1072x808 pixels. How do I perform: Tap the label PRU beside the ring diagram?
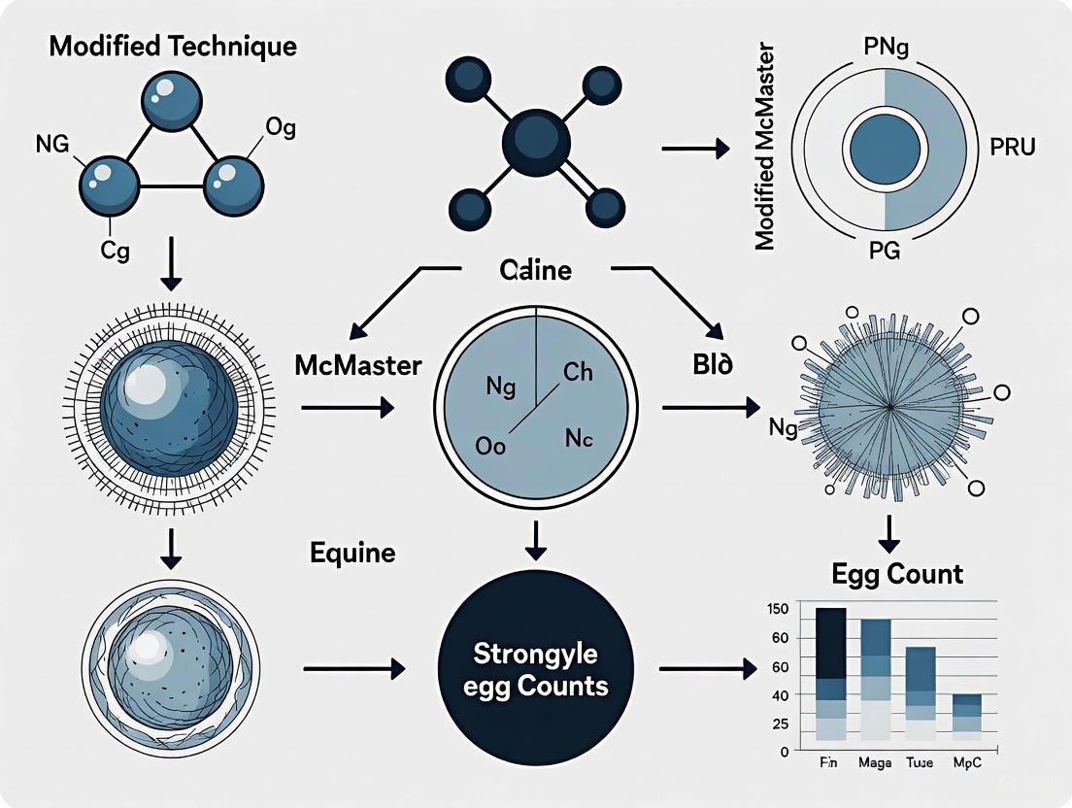tap(1012, 149)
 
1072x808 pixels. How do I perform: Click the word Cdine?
tap(535, 271)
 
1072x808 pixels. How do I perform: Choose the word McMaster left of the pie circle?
tap(357, 366)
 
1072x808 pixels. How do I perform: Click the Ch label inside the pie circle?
tap(577, 372)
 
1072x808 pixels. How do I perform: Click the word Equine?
tap(352, 554)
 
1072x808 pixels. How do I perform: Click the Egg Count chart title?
tap(897, 574)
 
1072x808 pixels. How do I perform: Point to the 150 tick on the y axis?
tap(778, 609)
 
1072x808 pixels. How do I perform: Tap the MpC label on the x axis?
tap(966, 764)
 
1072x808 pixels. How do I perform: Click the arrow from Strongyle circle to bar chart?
tap(707, 668)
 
